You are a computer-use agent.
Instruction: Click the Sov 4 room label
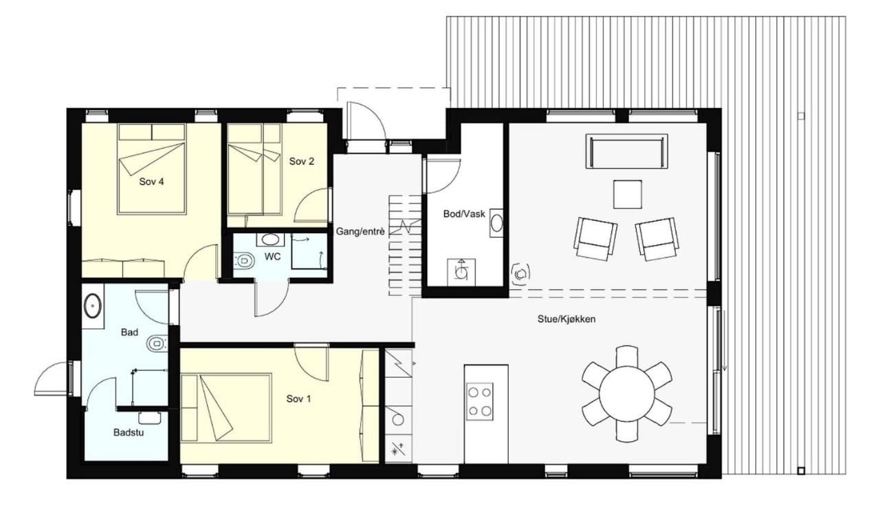pos(151,182)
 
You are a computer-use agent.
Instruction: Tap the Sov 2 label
pos(301,162)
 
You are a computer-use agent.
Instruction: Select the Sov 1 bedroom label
pos(299,399)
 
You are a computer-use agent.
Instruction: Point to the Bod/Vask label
pos(464,214)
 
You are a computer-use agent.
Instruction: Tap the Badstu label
pos(129,434)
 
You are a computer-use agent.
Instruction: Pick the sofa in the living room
pos(627,151)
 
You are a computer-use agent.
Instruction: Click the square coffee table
pos(628,194)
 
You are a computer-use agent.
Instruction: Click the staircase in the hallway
pos(404,244)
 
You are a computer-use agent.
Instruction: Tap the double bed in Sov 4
pos(151,169)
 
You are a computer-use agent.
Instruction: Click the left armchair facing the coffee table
pos(595,237)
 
